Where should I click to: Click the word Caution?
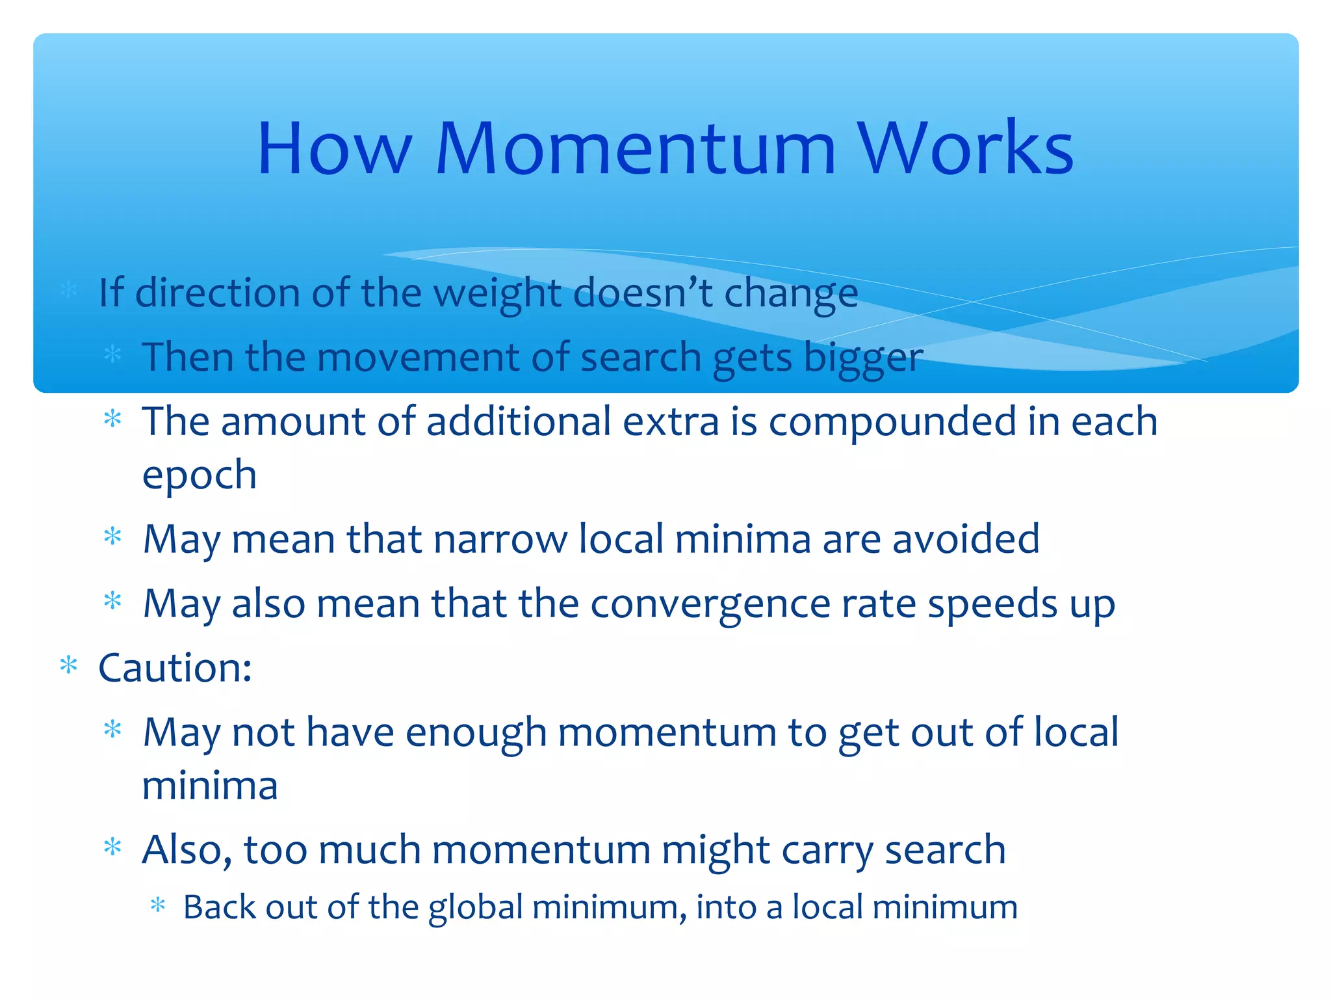click(175, 668)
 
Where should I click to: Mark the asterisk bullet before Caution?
click(68, 666)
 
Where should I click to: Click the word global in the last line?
click(476, 908)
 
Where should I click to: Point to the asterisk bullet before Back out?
click(158, 905)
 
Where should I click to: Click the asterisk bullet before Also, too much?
click(113, 847)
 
